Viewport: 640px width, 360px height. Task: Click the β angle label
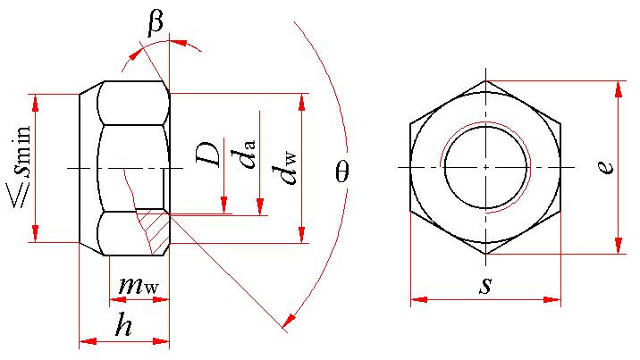coord(156,23)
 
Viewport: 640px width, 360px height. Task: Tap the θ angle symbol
coord(342,172)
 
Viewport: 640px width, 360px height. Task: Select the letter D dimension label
coord(207,155)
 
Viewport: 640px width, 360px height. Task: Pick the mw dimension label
coord(139,285)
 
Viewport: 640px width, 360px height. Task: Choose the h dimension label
coord(123,324)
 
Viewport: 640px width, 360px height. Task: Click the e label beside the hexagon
coord(606,167)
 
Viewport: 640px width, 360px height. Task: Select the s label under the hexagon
coord(485,285)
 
